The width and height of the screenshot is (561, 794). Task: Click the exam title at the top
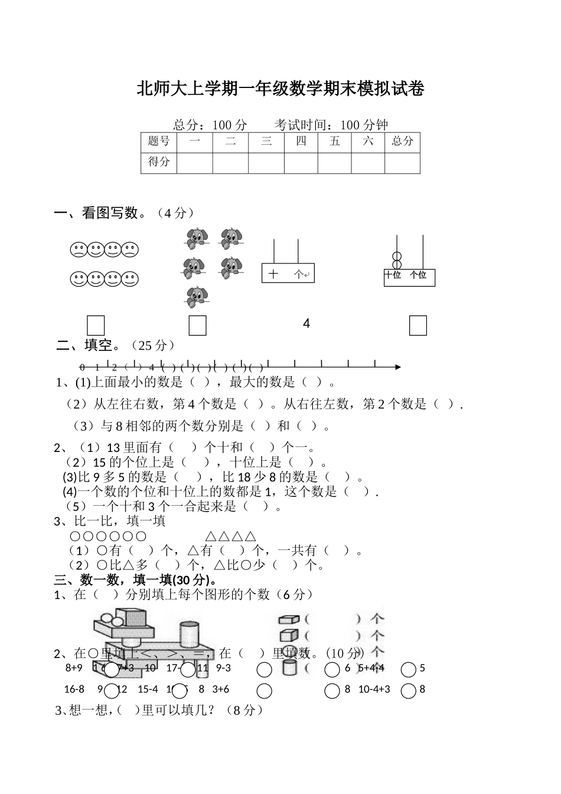[x=280, y=89]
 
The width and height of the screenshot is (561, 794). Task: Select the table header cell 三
[x=266, y=142]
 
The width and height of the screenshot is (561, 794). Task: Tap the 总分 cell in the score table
[x=402, y=142]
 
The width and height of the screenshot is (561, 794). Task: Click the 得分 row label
[x=159, y=162]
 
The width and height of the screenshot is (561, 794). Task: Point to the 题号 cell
[x=159, y=142]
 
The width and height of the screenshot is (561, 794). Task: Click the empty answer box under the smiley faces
[x=96, y=325]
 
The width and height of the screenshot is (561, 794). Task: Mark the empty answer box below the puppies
[x=197, y=325]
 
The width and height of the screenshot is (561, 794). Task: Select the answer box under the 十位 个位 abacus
[x=418, y=325]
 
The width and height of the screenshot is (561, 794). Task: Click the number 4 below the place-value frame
[x=306, y=324]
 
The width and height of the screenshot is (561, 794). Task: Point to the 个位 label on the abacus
[x=418, y=275]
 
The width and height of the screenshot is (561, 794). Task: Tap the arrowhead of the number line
[x=398, y=367]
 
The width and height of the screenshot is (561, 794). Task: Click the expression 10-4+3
[x=374, y=689]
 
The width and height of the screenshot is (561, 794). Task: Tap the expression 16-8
[x=74, y=689]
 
